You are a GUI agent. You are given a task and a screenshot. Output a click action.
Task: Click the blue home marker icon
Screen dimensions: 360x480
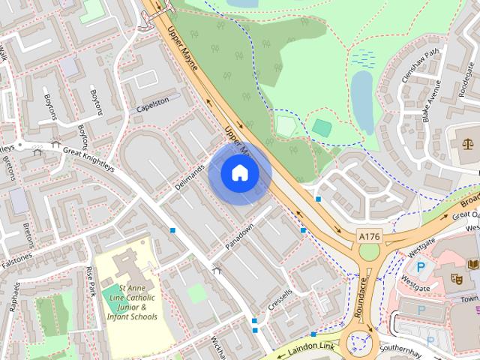239,173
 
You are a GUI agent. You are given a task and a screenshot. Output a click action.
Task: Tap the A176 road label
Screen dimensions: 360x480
370,236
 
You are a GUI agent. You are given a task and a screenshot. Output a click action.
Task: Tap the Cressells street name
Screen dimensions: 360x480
278,304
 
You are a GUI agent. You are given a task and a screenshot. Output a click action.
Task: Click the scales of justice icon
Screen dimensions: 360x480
469,140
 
